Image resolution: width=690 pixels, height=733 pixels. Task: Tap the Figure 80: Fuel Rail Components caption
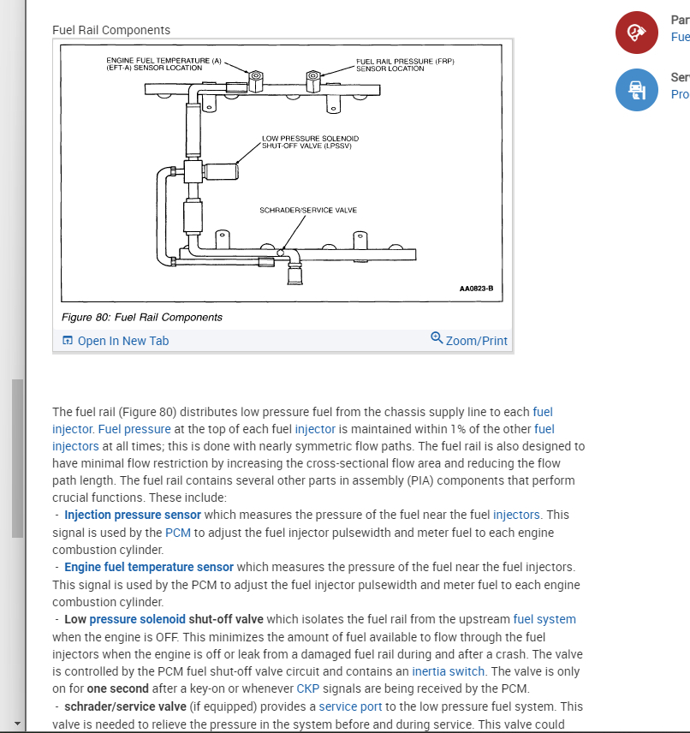142,317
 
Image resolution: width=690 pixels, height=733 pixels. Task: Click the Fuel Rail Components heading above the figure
111,30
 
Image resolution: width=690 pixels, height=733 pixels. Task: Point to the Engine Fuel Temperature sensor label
164,64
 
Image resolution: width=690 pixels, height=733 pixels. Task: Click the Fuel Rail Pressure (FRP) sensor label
404,64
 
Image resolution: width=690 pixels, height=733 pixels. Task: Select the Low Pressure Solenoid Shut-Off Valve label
310,141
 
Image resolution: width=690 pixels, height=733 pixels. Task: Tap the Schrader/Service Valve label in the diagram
308,210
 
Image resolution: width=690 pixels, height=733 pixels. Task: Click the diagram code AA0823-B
476,289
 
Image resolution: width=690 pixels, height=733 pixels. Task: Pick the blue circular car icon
636,90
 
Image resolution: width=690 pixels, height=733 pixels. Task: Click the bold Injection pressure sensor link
133,515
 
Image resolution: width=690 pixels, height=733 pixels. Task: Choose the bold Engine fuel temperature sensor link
149,567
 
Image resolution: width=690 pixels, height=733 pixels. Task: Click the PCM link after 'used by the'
178,533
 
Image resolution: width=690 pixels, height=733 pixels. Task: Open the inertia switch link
447,671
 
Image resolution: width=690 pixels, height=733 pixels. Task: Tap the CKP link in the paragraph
307,689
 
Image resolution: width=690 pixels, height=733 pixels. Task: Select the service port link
351,706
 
